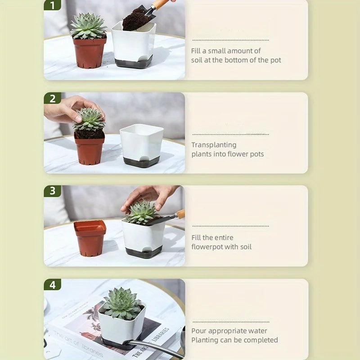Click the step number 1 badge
[52, 5]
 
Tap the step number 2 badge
[52, 98]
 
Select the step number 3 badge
[52, 191]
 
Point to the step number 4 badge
[52, 284]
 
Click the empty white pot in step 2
[141, 142]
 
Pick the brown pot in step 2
[90, 148]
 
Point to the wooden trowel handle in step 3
[180, 214]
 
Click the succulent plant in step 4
[121, 304]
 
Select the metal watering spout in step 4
[153, 346]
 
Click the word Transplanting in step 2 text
[214, 145]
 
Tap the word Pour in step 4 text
[199, 331]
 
